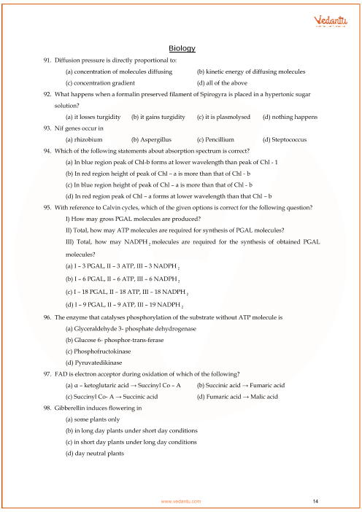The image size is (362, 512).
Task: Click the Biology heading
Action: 182,48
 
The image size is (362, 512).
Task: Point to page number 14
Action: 315,501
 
